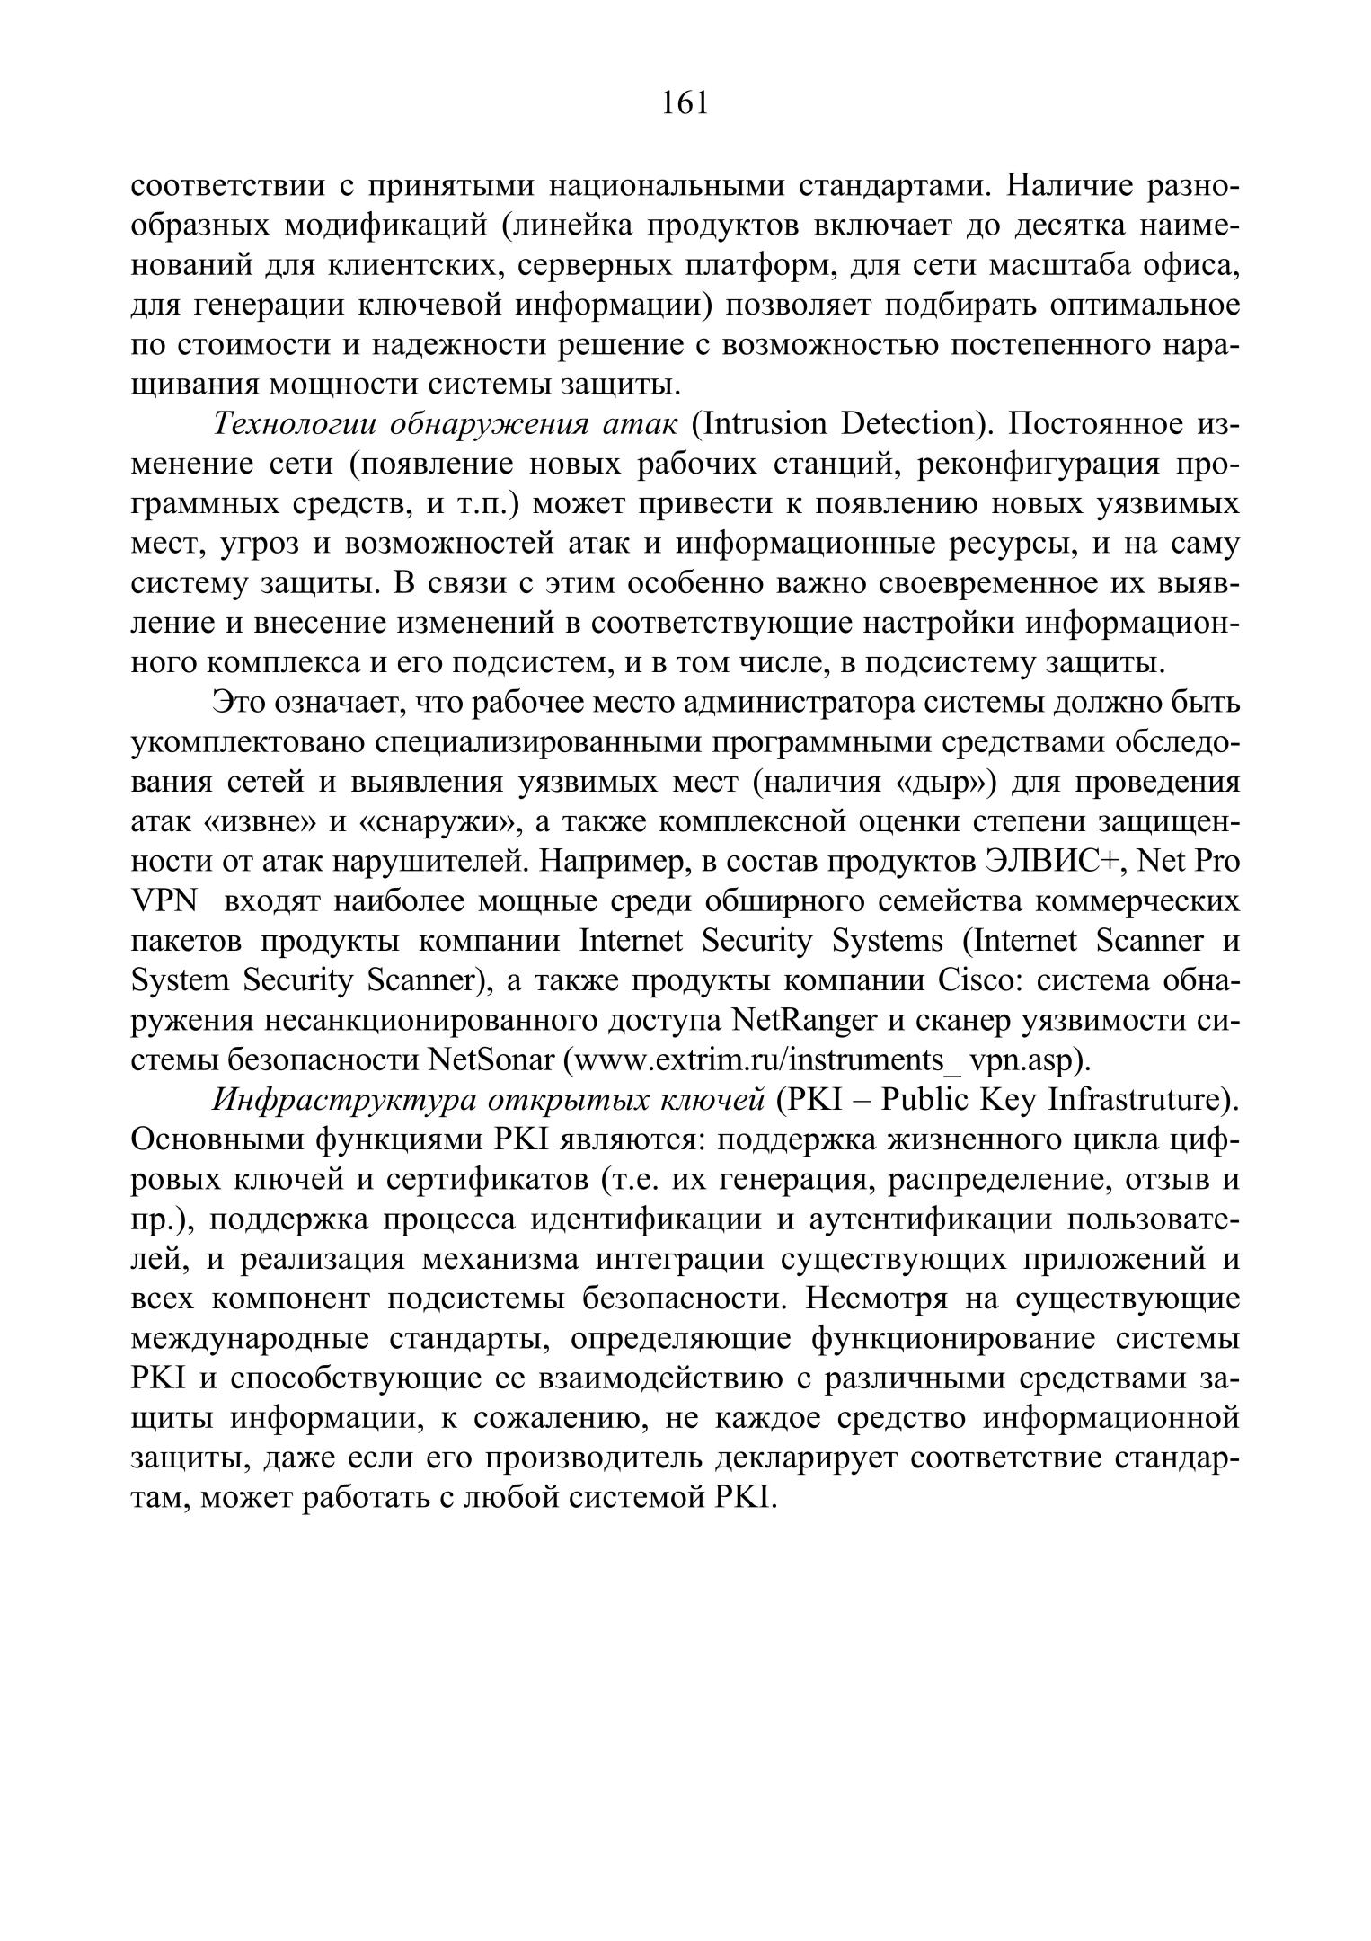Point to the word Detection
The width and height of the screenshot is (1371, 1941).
[x=912, y=423]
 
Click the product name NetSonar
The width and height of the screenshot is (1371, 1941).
[x=491, y=1060]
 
